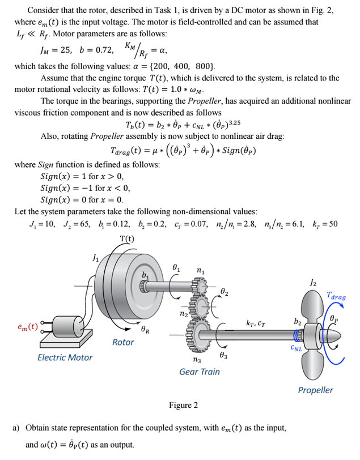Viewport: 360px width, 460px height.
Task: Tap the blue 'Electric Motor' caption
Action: coord(65,357)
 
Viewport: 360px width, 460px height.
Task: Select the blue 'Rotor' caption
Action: coord(123,342)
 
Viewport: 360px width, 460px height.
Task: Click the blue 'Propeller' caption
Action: coord(316,390)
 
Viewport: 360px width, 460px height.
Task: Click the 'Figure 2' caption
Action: coord(183,405)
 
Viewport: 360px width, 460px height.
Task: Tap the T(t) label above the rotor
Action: coord(128,238)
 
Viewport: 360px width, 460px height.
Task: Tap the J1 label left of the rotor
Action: coord(95,259)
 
